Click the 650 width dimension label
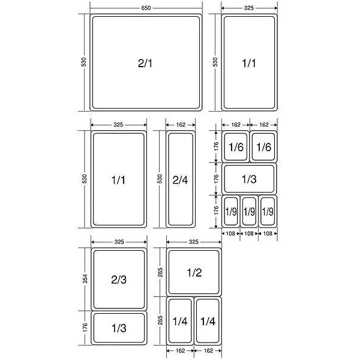(146, 8)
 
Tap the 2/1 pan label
(145, 63)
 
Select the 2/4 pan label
(180, 180)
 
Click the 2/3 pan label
(119, 280)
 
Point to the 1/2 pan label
(194, 272)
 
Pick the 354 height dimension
(85, 279)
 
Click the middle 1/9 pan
(249, 211)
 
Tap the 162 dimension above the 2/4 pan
(181, 125)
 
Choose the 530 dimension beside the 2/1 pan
(83, 62)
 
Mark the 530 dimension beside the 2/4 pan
(160, 179)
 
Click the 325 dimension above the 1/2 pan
(194, 242)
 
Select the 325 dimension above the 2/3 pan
(119, 242)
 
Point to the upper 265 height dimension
(160, 272)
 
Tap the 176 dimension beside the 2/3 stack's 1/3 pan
(85, 328)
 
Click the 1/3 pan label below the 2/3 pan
(119, 328)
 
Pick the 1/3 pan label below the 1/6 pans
(249, 179)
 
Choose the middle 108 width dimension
(249, 233)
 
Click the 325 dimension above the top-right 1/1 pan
(249, 8)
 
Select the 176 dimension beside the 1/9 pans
(216, 211)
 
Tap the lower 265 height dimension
(160, 320)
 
